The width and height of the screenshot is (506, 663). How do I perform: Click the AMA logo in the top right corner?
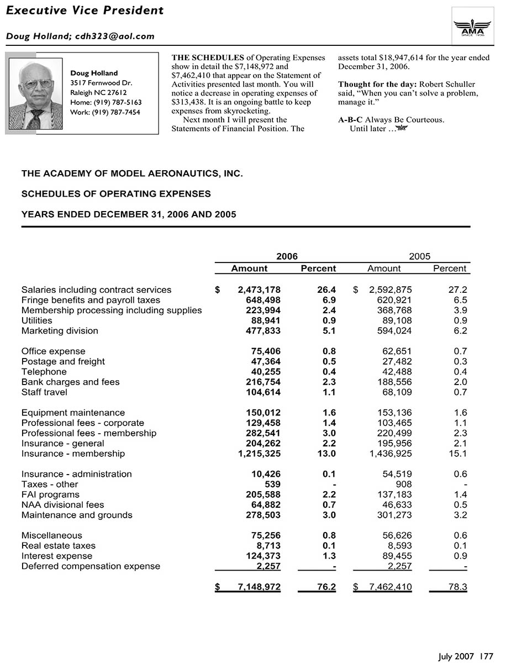click(x=472, y=25)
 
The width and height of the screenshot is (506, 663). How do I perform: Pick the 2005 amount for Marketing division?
click(x=391, y=331)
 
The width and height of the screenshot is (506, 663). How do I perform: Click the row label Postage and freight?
click(x=63, y=361)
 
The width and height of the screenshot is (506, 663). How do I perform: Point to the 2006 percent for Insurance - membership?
click(x=326, y=454)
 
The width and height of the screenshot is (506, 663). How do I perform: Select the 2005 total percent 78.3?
click(x=458, y=587)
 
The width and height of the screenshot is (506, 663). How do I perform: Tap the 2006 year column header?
click(x=287, y=256)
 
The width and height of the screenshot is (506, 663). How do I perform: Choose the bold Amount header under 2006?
click(x=249, y=269)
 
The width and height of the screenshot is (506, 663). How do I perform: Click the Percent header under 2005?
click(x=450, y=269)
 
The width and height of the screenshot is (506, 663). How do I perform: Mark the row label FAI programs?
click(x=50, y=494)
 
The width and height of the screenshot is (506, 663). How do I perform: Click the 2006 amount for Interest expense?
click(x=263, y=556)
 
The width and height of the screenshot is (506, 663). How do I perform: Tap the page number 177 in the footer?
click(x=487, y=656)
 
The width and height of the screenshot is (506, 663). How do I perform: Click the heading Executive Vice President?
click(x=85, y=10)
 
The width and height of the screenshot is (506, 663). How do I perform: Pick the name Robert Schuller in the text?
click(x=447, y=85)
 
